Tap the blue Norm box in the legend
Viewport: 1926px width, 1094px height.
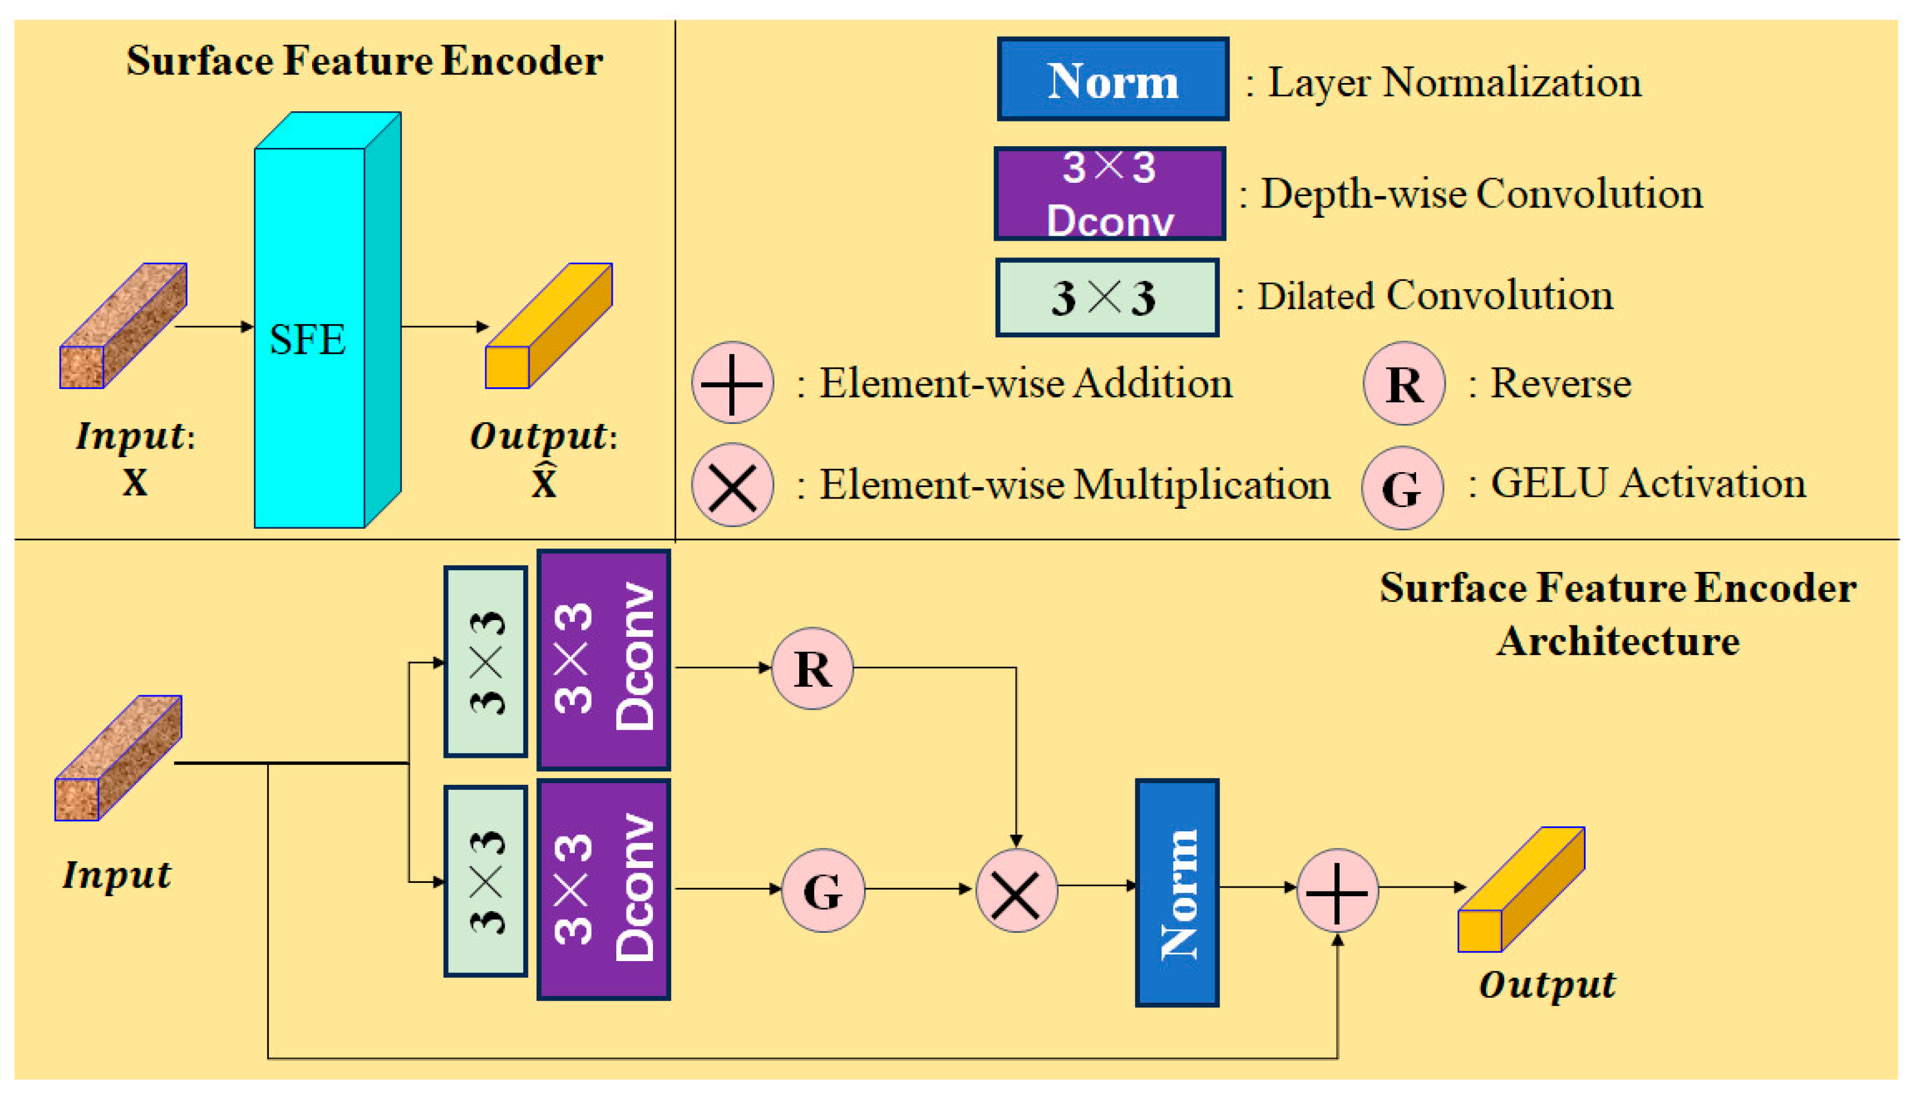point(1112,79)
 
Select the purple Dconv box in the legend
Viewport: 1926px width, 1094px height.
point(1109,194)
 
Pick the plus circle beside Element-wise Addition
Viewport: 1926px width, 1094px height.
point(732,383)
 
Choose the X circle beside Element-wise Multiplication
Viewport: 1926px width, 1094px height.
point(732,485)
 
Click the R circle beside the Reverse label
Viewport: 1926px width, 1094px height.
point(1403,384)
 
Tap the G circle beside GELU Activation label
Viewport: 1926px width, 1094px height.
point(1402,488)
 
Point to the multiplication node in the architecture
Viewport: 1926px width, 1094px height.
point(1016,891)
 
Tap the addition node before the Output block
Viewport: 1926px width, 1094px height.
point(1337,892)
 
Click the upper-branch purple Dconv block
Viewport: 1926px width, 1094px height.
point(603,660)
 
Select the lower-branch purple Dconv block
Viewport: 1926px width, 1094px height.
point(603,890)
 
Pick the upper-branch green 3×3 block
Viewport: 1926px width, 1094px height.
point(486,661)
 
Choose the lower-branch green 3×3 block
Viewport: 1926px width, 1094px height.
point(486,881)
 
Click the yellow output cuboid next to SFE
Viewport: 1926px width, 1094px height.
point(548,325)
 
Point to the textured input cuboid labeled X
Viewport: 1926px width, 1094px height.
point(123,325)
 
